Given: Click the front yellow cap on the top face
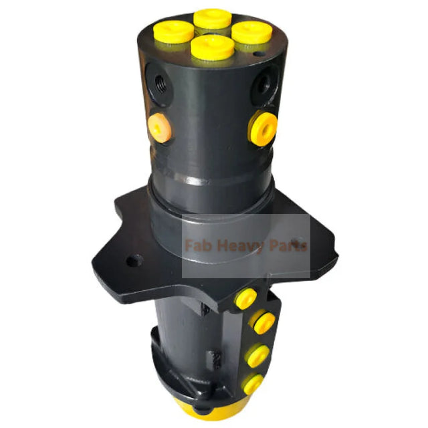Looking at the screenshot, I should pos(212,47).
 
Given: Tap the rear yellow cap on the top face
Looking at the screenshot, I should pos(213,18).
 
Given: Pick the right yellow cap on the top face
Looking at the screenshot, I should pos(251,32).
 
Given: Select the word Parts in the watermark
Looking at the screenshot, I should pos(286,246).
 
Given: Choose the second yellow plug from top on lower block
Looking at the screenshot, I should pos(261,324).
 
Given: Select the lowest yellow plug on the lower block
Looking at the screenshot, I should pos(253,384).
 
